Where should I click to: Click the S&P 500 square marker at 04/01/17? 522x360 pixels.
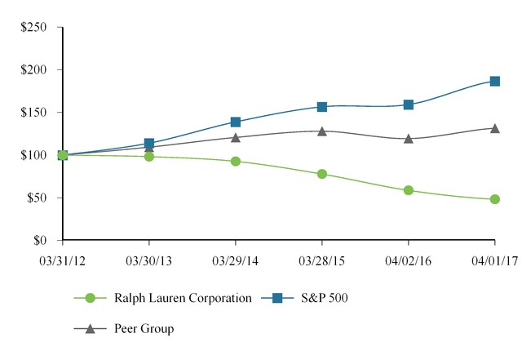click(x=495, y=81)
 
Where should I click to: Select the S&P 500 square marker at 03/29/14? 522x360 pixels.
click(x=236, y=122)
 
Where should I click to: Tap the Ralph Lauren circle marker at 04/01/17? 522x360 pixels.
click(x=495, y=199)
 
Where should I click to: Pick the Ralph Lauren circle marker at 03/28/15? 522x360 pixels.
click(x=322, y=174)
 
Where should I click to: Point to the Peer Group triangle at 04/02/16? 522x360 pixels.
click(x=409, y=139)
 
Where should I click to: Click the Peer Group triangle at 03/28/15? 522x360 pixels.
click(x=322, y=131)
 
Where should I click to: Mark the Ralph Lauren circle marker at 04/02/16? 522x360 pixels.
click(x=409, y=190)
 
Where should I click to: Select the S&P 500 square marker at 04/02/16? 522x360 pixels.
click(x=409, y=104)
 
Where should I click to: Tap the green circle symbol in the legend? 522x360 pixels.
click(x=91, y=299)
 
